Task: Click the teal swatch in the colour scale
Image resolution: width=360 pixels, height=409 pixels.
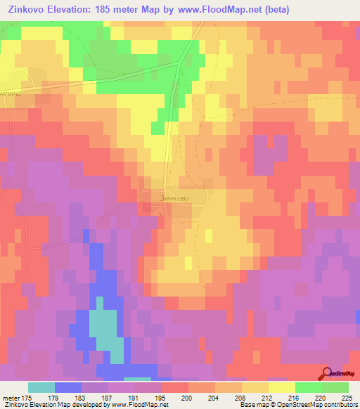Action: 41,387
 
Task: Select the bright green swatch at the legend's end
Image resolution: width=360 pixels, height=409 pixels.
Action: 335,387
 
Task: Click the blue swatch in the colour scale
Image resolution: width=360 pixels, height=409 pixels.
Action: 68,387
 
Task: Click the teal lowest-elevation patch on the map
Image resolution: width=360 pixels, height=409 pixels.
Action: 103,327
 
